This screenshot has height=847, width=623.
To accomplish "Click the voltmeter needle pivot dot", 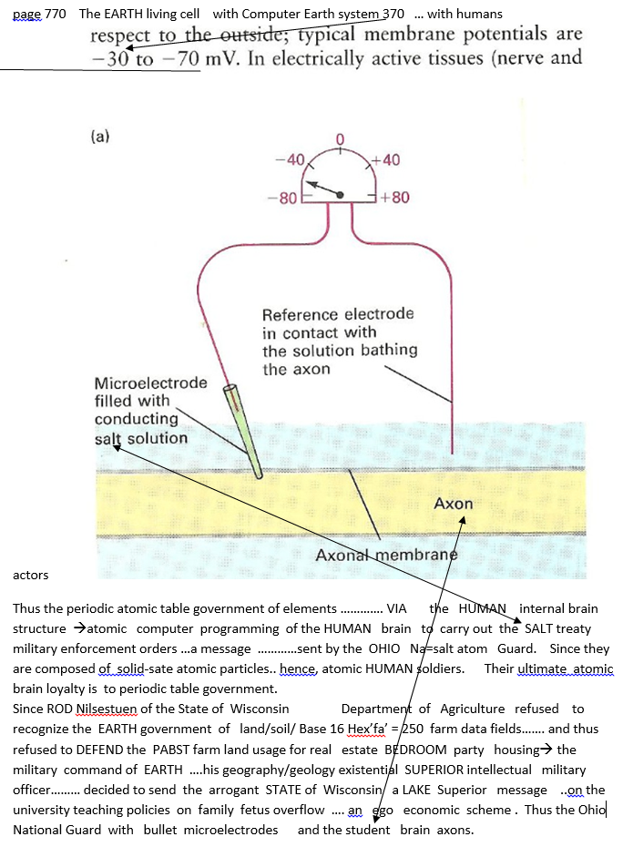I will coord(341,194).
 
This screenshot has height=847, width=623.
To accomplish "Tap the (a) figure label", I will coord(100,137).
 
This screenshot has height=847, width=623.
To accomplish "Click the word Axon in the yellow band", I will coord(453,504).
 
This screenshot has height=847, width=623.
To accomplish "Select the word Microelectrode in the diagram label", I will coord(150,383).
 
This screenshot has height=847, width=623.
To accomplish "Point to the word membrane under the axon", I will coord(415,556).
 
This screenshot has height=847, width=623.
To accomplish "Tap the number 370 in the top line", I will coord(392,14).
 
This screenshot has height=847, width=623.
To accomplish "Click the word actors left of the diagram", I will coord(30,575).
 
